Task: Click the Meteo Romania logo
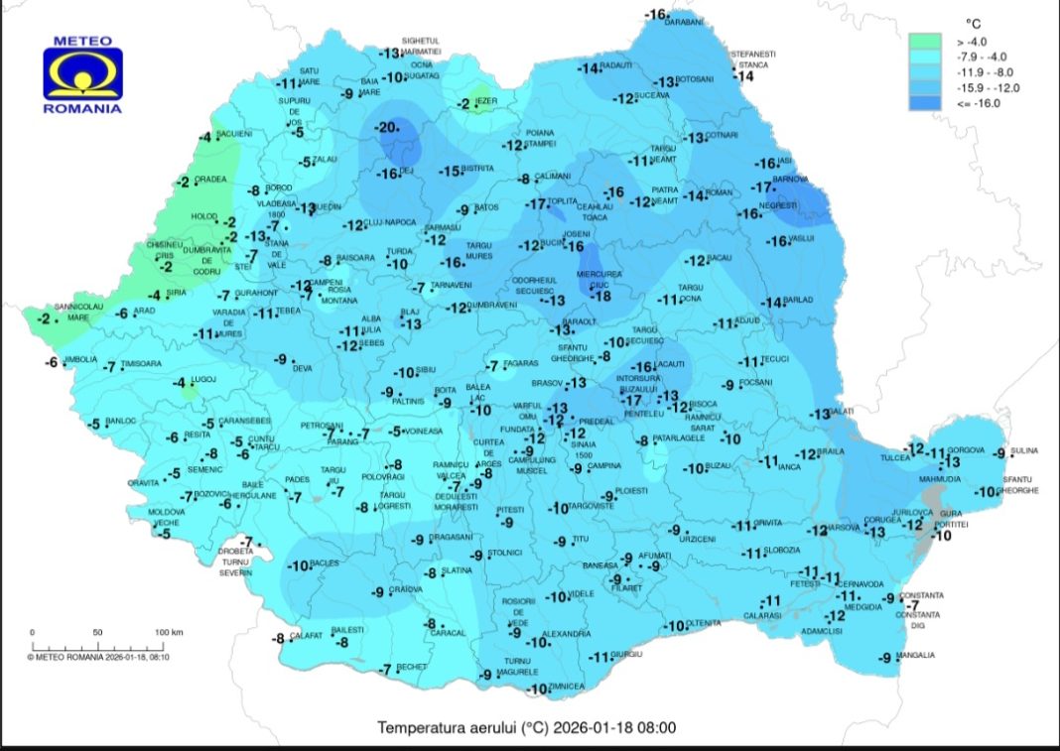pyautogui.click(x=82, y=76)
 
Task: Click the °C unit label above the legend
pyautogui.click(x=974, y=22)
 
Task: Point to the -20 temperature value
pyautogui.click(x=384, y=127)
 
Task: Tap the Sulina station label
pyautogui.click(x=1024, y=451)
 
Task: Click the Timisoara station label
pyautogui.click(x=139, y=365)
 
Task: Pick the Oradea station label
pyautogui.click(x=210, y=180)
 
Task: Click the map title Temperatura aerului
pyautogui.click(x=526, y=727)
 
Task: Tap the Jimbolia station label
pyautogui.click(x=81, y=359)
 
